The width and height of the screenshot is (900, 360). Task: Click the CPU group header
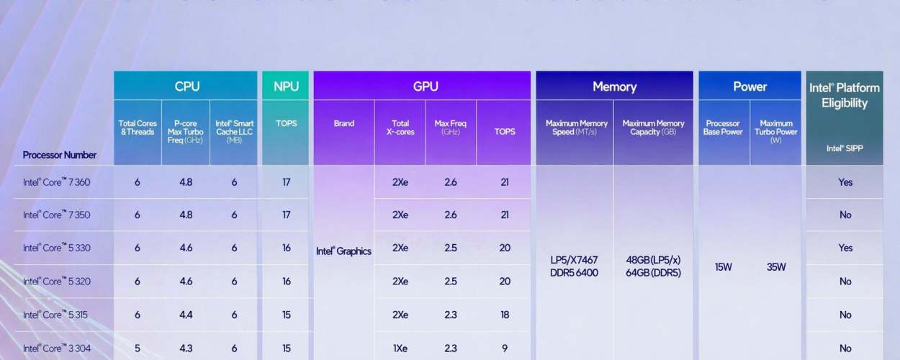[186, 86]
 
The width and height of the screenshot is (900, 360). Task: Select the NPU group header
[286, 86]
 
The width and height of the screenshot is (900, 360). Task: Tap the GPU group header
[425, 86]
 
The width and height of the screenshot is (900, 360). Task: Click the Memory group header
[614, 86]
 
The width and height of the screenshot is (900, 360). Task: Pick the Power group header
[750, 86]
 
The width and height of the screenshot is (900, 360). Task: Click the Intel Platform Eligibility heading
[845, 95]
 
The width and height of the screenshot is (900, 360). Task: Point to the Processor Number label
[59, 155]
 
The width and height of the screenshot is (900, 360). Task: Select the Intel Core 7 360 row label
[56, 182]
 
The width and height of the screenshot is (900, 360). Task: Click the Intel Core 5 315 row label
[56, 315]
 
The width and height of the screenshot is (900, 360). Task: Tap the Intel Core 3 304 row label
[56, 348]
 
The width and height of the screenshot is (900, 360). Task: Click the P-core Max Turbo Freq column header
[186, 132]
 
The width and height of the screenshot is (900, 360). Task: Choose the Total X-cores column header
[400, 128]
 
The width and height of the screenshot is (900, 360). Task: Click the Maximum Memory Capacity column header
[653, 127]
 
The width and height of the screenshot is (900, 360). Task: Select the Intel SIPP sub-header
[845, 148]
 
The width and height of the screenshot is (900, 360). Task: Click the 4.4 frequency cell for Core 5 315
[186, 315]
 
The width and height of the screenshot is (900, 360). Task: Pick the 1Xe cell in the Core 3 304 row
[400, 348]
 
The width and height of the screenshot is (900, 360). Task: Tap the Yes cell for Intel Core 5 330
[845, 248]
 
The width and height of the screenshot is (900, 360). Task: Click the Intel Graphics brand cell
[343, 251]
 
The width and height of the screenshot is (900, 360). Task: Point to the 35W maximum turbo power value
[776, 267]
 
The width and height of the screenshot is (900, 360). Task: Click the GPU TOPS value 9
[505, 348]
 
